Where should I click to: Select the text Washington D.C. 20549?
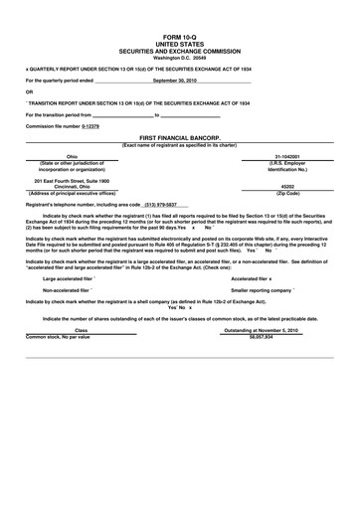[179, 56]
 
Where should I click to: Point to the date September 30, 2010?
[179, 80]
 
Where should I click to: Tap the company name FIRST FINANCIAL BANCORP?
[179, 135]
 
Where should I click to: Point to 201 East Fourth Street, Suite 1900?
[71, 180]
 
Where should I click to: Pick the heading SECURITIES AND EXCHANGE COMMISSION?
[179, 50]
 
